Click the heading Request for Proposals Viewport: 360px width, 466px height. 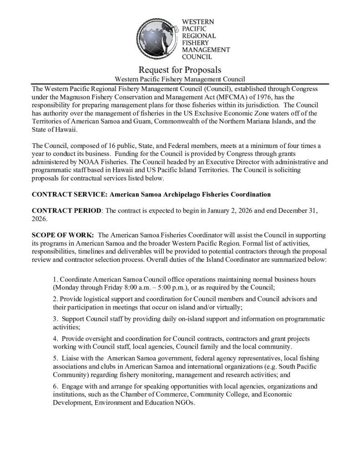(180, 70)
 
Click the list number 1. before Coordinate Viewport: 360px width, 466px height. (56, 278)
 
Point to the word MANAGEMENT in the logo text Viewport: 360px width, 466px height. (206, 50)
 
